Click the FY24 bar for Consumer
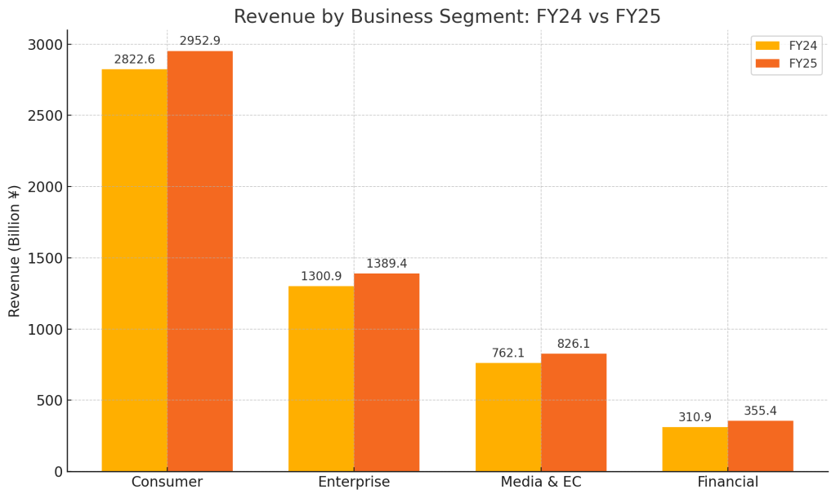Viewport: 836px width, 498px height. click(x=134, y=270)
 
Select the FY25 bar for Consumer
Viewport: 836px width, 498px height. click(x=199, y=261)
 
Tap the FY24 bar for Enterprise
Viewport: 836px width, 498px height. click(x=321, y=379)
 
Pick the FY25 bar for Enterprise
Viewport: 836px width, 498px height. click(x=387, y=372)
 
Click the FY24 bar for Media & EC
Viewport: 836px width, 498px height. click(x=508, y=417)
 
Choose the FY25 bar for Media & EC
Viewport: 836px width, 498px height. click(x=574, y=412)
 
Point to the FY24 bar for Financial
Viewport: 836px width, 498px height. click(x=695, y=449)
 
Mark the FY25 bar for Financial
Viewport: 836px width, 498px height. click(x=760, y=446)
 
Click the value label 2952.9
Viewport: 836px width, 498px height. click(x=199, y=41)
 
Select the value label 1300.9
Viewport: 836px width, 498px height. click(x=321, y=276)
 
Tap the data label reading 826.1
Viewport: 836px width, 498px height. click(x=574, y=344)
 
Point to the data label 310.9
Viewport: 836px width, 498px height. click(x=695, y=417)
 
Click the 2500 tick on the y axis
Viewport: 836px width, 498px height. click(x=45, y=116)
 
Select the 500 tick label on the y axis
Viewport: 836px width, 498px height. click(x=49, y=401)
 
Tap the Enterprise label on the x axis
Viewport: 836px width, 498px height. click(x=354, y=482)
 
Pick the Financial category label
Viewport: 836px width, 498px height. click(x=727, y=482)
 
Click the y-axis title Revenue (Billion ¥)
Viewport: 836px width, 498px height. click(x=15, y=251)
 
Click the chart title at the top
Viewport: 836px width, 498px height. click(x=447, y=16)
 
